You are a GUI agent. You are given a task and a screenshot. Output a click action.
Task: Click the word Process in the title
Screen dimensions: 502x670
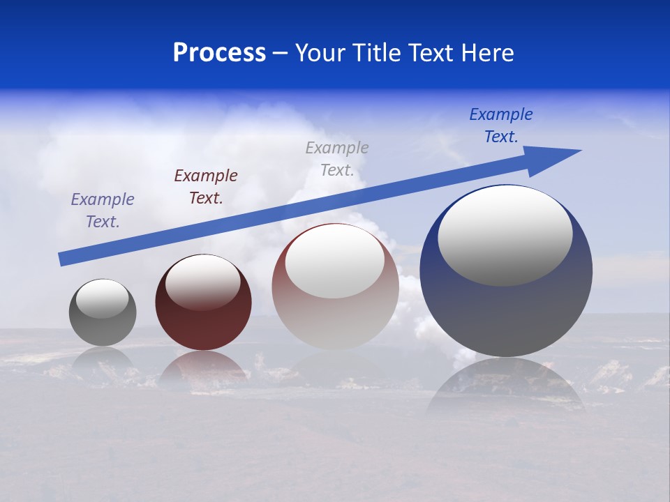pyautogui.click(x=219, y=53)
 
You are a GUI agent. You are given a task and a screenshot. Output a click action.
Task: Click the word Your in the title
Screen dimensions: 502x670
pyautogui.click(x=322, y=53)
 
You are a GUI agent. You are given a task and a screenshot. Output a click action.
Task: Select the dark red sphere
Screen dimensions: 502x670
pyautogui.click(x=203, y=321)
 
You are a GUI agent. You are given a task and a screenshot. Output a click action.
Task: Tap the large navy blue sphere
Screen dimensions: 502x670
pyautogui.click(x=506, y=314)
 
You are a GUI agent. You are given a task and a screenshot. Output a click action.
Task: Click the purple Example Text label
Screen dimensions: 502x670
pyautogui.click(x=103, y=211)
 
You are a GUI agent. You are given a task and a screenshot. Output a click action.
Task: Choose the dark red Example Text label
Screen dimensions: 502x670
pyautogui.click(x=206, y=187)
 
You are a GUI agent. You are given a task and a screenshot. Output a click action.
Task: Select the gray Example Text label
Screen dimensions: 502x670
pyautogui.click(x=337, y=158)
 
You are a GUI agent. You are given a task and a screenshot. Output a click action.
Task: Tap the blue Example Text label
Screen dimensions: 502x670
pyautogui.click(x=501, y=125)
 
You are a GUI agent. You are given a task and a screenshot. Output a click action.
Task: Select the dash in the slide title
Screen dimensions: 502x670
pyautogui.click(x=281, y=53)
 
